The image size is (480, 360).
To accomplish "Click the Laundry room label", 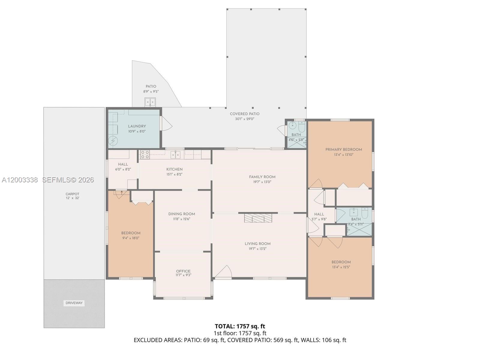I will point(137,126).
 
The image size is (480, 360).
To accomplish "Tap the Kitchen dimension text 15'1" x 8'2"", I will point(174,174).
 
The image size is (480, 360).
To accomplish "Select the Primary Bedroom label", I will point(343,149).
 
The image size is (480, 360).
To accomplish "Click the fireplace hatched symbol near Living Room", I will point(258,218).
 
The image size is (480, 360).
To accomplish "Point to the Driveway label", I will point(74,303).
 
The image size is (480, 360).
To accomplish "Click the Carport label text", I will point(72,194).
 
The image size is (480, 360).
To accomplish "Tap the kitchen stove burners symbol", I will point(145,155).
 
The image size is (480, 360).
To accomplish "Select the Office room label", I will point(183,271).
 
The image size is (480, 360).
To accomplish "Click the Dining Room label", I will point(181,214).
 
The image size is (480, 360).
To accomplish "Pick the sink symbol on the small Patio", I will point(150,102).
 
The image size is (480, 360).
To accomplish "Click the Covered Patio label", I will point(244,114).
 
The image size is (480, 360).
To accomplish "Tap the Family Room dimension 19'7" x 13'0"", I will point(262,182).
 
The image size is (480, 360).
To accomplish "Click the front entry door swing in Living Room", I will point(223,272).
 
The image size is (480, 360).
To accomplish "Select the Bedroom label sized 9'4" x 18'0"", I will point(130,233).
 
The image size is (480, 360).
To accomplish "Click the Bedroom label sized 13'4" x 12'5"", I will point(341,262).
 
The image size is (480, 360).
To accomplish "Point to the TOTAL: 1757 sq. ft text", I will point(240,326).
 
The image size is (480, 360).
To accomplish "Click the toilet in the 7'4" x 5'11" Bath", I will point(365,213).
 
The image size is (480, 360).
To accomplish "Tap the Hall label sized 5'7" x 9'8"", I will point(319,214).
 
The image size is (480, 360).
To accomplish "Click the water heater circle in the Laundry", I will point(113,140).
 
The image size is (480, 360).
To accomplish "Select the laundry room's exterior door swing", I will point(166,123).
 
